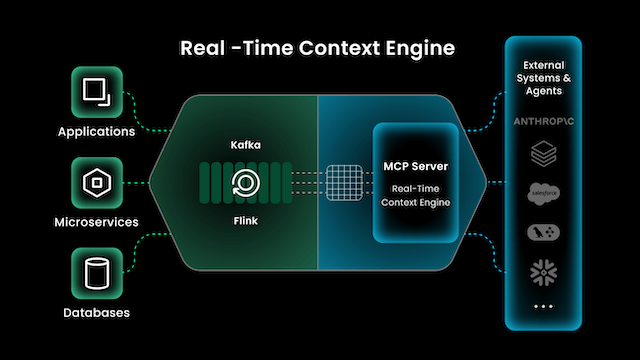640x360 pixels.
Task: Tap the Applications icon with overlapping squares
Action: pos(96,94)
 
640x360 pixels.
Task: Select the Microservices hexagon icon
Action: pos(96,183)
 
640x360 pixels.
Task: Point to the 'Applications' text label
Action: pos(96,131)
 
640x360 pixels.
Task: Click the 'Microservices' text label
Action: pos(96,221)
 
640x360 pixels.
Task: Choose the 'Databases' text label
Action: pos(96,312)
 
